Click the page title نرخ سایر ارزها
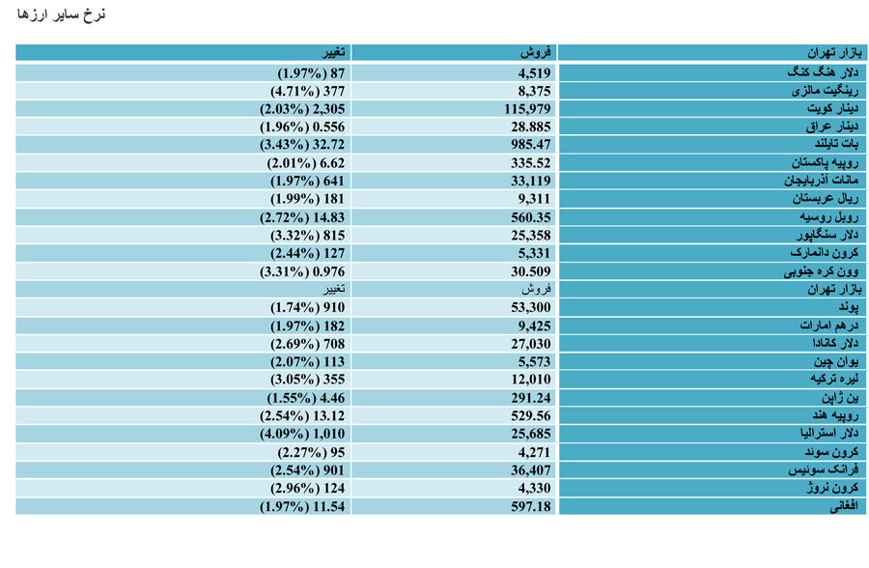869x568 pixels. (x=61, y=14)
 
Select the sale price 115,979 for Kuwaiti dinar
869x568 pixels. (x=527, y=109)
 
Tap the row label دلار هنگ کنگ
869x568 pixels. (x=823, y=72)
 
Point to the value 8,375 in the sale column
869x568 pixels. (x=535, y=91)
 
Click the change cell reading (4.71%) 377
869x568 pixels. (x=308, y=91)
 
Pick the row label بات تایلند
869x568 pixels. (x=837, y=145)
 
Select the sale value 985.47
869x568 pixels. (x=531, y=145)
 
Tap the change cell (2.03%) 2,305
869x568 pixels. (x=302, y=109)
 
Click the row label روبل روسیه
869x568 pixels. (x=829, y=217)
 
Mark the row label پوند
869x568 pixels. (x=849, y=307)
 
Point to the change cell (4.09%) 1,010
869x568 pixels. (x=302, y=434)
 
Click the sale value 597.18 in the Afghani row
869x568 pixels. (x=531, y=506)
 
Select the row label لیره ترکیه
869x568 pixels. (x=834, y=380)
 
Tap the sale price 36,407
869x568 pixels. (x=531, y=470)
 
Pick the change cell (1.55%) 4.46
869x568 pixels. (x=306, y=398)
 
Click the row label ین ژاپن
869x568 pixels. (x=840, y=398)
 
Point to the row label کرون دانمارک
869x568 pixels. (x=825, y=253)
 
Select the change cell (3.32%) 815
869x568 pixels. (x=308, y=235)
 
